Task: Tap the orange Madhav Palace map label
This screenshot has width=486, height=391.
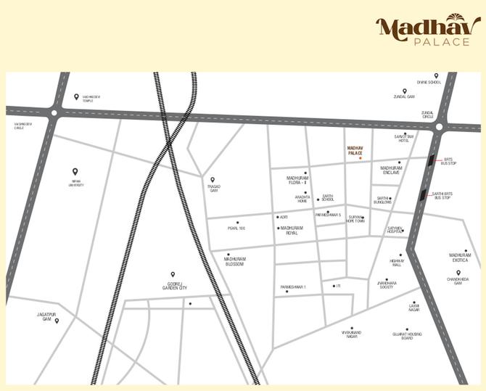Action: [355, 149]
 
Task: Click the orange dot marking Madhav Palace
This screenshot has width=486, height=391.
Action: [360, 158]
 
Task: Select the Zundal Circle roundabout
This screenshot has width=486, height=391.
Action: [438, 127]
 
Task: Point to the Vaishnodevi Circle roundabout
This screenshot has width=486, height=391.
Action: [54, 112]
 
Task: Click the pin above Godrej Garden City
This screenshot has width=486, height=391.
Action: [173, 274]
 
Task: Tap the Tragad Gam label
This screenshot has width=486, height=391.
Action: [213, 188]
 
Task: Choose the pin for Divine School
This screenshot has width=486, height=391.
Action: [436, 75]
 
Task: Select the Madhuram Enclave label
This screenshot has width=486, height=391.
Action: [392, 170]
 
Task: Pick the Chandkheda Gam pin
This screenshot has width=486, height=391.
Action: [458, 273]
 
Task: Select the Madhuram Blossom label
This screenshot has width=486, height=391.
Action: [235, 261]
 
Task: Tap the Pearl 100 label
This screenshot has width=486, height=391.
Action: [236, 229]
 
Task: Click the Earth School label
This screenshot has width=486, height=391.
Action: [328, 197]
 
